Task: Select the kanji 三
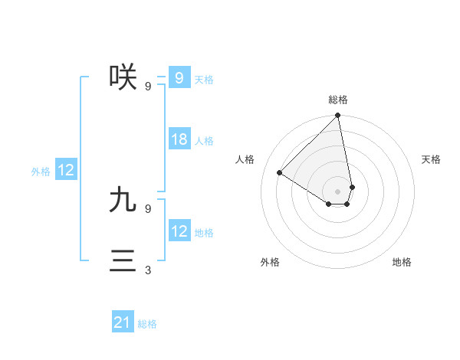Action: (x=123, y=261)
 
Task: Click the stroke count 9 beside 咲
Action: (x=148, y=86)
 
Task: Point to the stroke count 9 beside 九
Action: (x=148, y=208)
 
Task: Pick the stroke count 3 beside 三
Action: (x=148, y=270)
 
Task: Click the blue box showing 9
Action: (x=179, y=77)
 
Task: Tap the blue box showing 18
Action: (x=179, y=139)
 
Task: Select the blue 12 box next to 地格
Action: (x=179, y=231)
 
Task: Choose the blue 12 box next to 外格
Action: (x=66, y=171)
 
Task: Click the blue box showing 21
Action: (x=123, y=322)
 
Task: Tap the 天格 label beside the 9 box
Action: (x=204, y=79)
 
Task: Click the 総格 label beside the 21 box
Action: (x=147, y=324)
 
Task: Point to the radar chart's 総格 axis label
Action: (x=338, y=100)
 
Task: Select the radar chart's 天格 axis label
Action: (x=431, y=159)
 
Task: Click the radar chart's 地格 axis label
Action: (x=402, y=262)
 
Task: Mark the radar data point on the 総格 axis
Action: (x=338, y=116)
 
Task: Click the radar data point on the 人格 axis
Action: (x=280, y=173)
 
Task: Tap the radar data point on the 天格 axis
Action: (x=352, y=187)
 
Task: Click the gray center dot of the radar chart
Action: (x=338, y=191)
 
